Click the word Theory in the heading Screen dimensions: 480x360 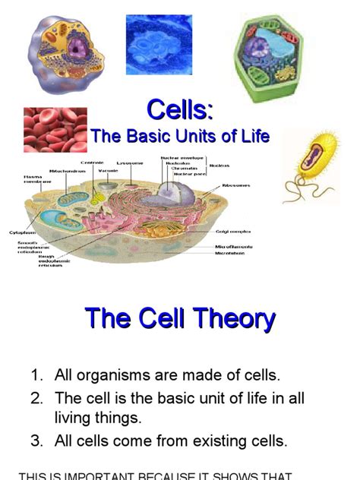tap(227, 318)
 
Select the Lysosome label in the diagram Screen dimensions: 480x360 tap(129, 163)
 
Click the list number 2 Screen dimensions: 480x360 tap(36, 399)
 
